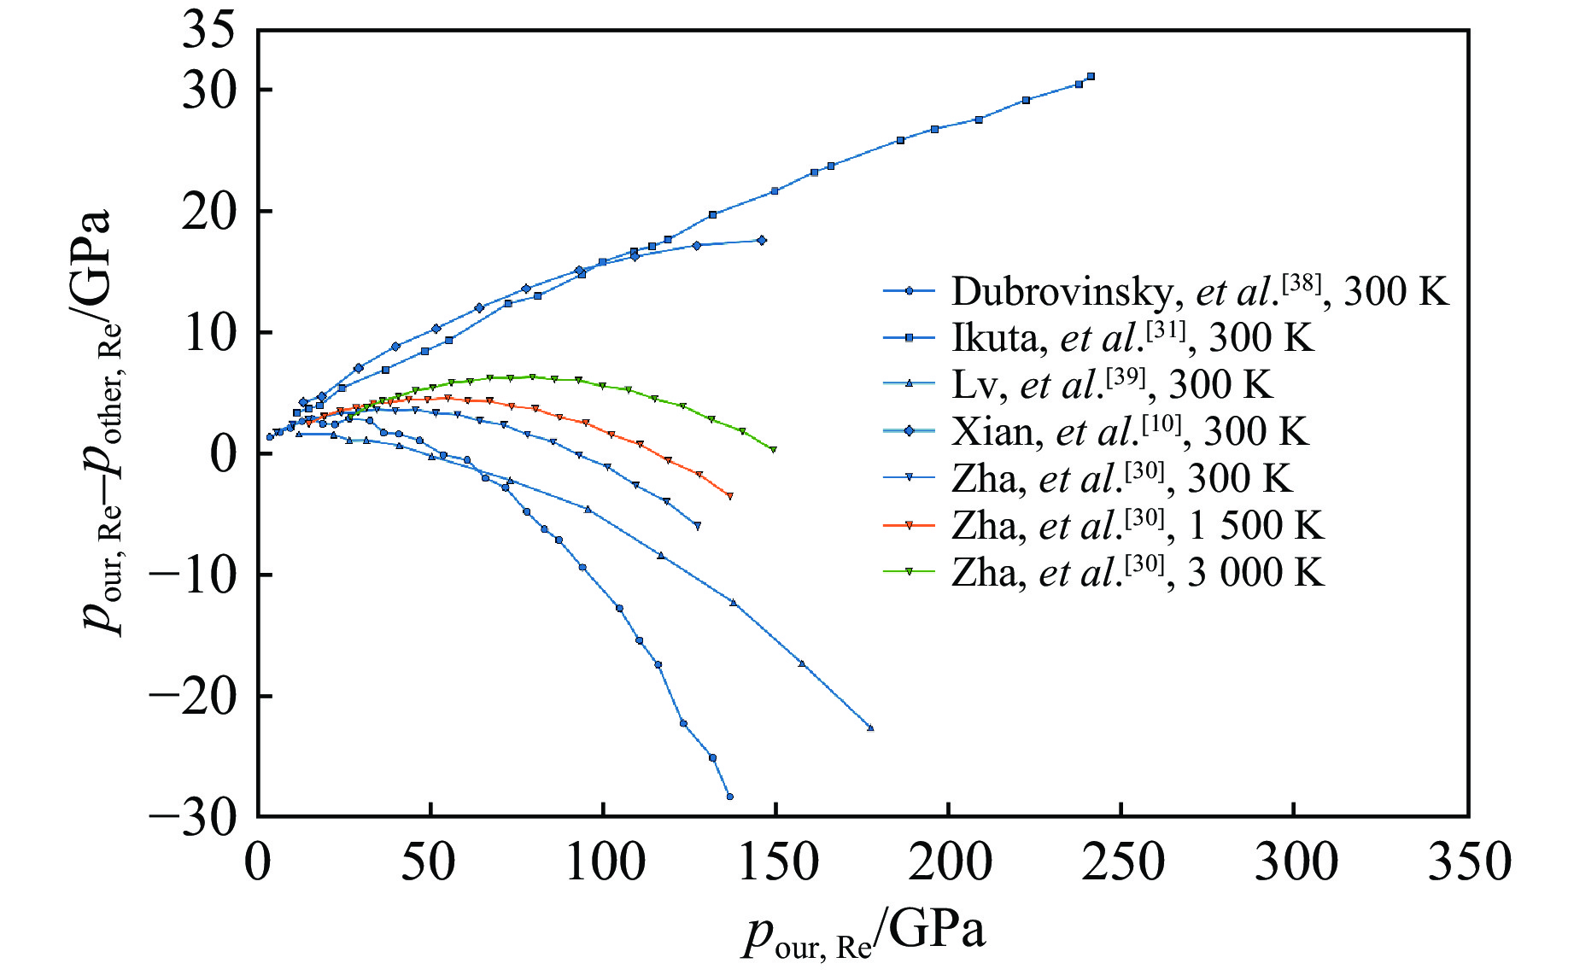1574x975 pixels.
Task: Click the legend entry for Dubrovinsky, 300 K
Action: click(x=1166, y=292)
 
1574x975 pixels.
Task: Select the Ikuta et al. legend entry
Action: click(x=1098, y=339)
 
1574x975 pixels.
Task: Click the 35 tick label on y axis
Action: click(x=208, y=32)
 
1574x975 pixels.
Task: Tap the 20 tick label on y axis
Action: click(x=208, y=211)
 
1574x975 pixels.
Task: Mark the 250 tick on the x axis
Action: click(x=1122, y=862)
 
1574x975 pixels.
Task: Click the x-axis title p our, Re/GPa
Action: click(x=864, y=933)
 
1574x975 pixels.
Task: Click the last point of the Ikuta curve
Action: click(x=1091, y=76)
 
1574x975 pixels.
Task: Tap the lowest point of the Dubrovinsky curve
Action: click(x=729, y=797)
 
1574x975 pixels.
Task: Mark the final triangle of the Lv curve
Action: click(x=870, y=727)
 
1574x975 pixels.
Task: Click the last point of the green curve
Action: click(x=773, y=450)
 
